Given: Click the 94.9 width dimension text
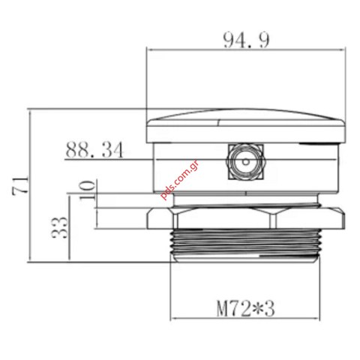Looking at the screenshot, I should point(245,40).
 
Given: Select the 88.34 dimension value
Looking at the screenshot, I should point(94,149).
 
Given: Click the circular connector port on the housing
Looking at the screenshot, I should point(244,162).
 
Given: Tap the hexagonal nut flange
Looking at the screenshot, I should point(246,218).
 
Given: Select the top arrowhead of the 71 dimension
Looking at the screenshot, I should point(29,111).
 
